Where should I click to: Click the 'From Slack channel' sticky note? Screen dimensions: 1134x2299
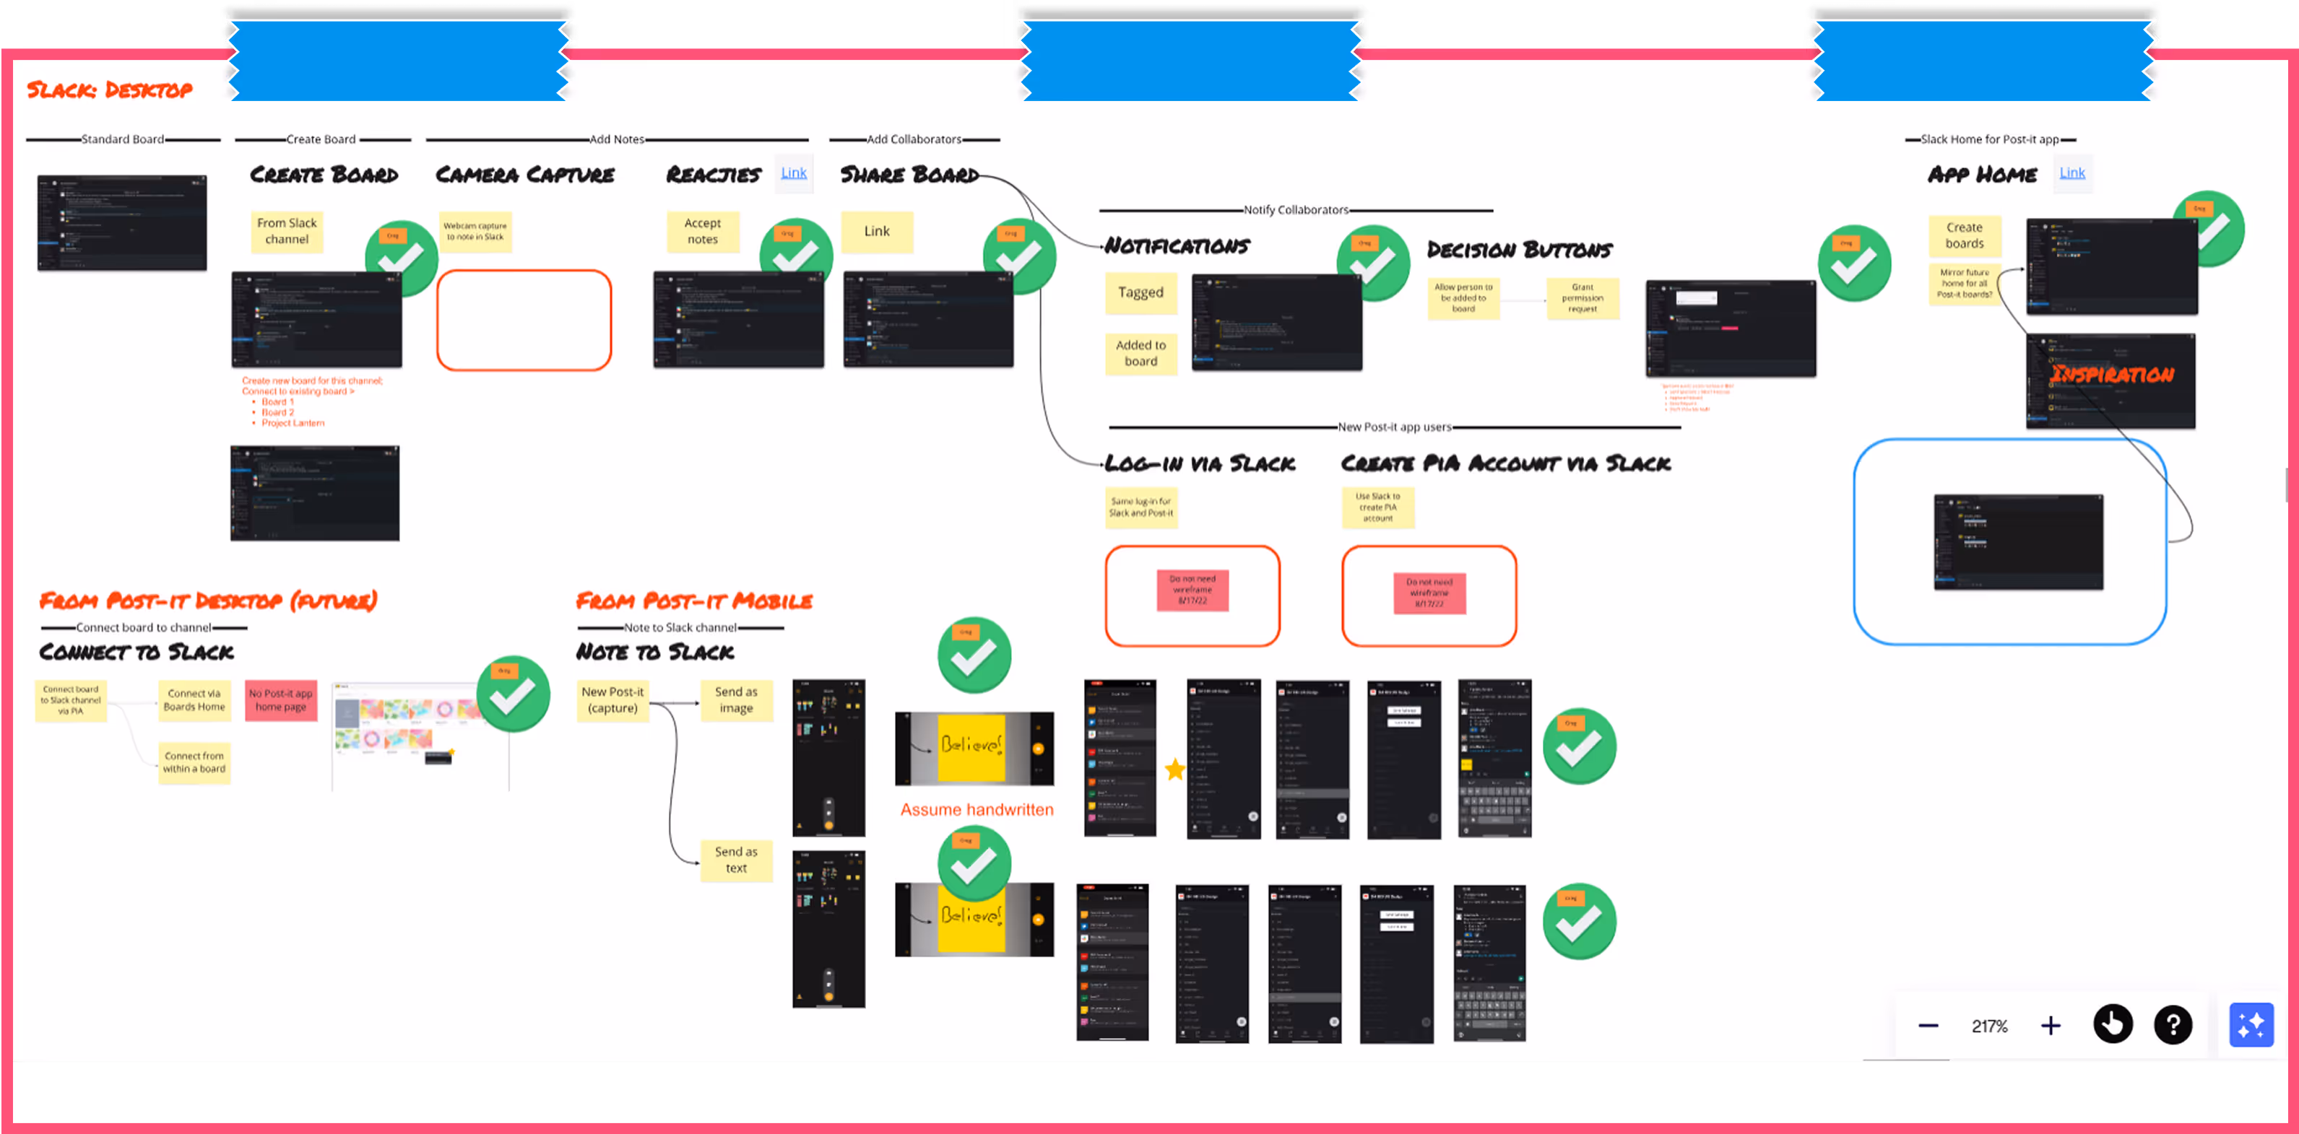[287, 231]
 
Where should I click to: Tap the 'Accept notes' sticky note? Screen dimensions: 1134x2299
[702, 231]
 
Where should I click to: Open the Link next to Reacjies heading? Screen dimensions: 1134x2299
[793, 173]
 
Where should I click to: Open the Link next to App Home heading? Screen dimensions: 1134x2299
[2071, 173]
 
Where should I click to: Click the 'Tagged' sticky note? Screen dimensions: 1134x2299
[1140, 292]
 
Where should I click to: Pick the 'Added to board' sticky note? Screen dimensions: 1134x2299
[1140, 352]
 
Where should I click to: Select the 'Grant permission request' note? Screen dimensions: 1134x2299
[1583, 298]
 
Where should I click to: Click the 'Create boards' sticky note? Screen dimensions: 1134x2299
[1965, 235]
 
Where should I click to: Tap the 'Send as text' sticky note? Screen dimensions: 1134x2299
[735, 859]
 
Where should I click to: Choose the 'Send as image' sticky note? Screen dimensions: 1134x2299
[735, 699]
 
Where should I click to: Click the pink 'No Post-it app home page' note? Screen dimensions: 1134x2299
[280, 699]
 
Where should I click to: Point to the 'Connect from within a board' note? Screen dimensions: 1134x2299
[194, 762]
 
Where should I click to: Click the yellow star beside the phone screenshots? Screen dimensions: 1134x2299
[1174, 769]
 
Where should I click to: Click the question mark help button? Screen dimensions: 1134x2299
[2173, 1024]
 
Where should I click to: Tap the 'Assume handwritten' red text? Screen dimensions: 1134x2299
[977, 810]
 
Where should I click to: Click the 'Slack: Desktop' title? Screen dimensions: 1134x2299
[109, 90]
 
